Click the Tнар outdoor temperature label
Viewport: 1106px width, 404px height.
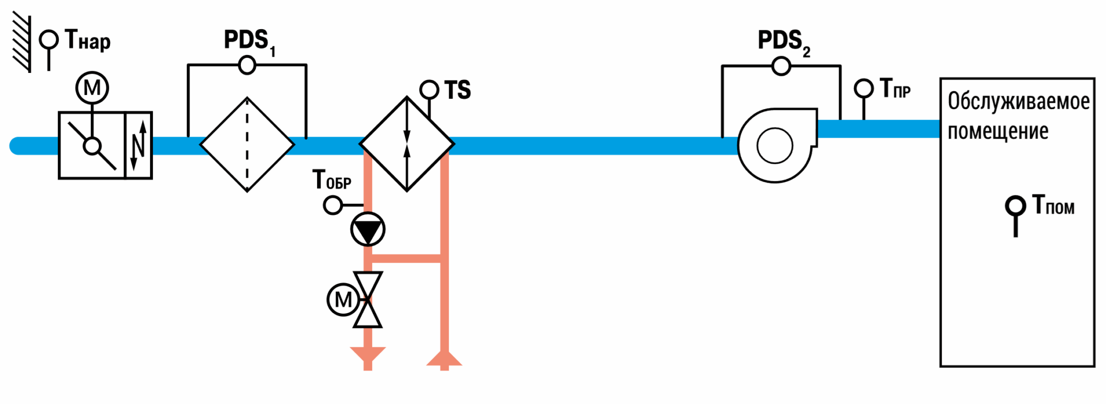point(87,40)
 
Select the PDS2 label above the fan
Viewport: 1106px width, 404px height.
point(784,42)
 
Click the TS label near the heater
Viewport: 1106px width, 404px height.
point(457,90)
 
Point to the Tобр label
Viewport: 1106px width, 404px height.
point(332,179)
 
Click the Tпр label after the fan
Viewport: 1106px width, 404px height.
point(895,88)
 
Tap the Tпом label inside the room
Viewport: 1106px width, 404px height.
point(1053,205)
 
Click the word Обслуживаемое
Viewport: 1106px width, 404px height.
point(1019,101)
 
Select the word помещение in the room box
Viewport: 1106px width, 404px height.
point(998,131)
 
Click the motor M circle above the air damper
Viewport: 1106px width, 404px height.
point(92,87)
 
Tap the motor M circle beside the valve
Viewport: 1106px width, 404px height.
point(343,300)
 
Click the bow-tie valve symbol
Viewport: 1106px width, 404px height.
point(368,300)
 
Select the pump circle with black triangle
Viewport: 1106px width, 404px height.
point(368,230)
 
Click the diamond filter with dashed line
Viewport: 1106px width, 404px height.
point(247,145)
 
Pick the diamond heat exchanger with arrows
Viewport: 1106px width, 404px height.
point(407,144)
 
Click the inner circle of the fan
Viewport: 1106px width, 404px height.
point(775,146)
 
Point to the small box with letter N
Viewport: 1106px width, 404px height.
point(139,145)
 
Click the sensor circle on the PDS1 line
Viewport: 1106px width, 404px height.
point(247,65)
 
